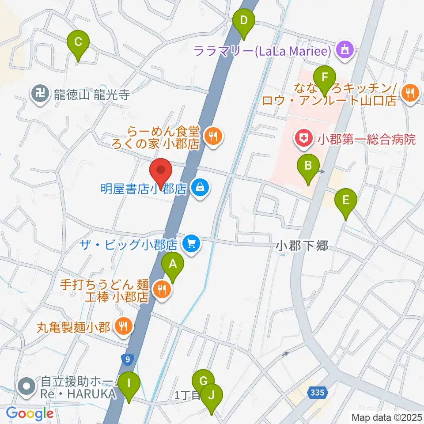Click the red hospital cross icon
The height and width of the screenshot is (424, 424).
pyautogui.click(x=303, y=140)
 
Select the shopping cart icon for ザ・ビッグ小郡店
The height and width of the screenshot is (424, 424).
pyautogui.click(x=191, y=243)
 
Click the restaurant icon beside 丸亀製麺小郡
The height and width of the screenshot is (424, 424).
pyautogui.click(x=121, y=327)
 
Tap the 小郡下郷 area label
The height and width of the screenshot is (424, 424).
pyautogui.click(x=303, y=246)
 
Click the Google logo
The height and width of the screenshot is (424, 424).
pyautogui.click(x=30, y=413)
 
